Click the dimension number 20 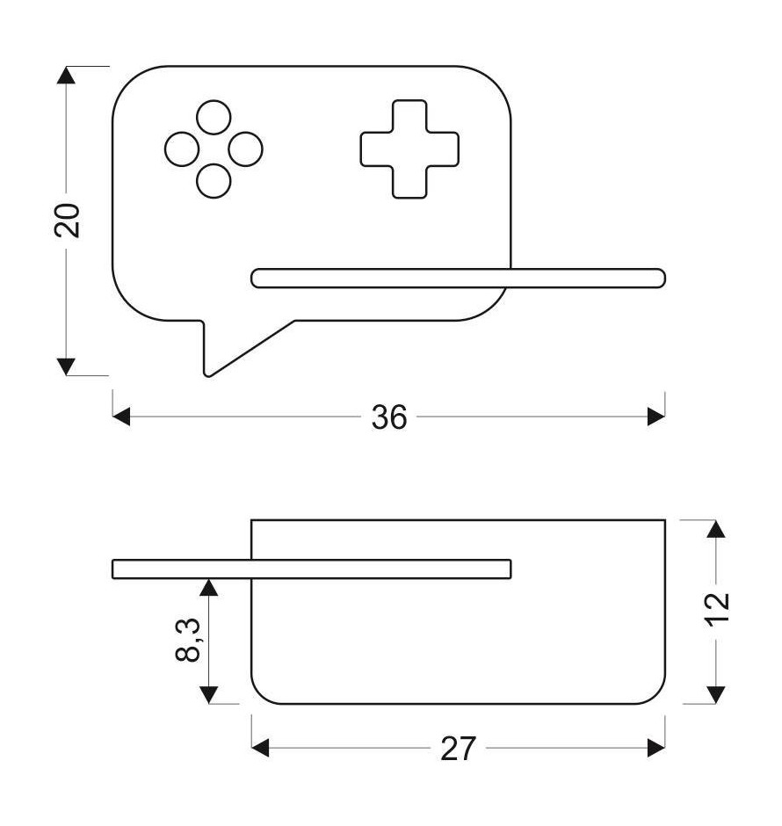pos(68,221)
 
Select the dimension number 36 pos(389,417)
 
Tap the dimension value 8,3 pos(188,640)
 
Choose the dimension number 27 pos(458,749)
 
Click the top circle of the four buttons pos(214,117)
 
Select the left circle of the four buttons pos(182,149)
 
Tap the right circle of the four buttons pos(245,149)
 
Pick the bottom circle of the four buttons pos(214,181)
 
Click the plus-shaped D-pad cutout pos(409,149)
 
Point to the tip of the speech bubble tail pos(207,375)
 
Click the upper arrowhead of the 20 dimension pos(66,75)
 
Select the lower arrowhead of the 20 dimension pos(66,366)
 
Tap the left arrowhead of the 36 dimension pos(121,417)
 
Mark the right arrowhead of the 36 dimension pos(656,417)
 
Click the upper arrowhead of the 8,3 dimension pos(209,587)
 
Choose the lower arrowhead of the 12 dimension pos(715,695)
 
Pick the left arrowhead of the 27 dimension pos(260,748)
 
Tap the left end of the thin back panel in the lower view pos(113,569)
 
